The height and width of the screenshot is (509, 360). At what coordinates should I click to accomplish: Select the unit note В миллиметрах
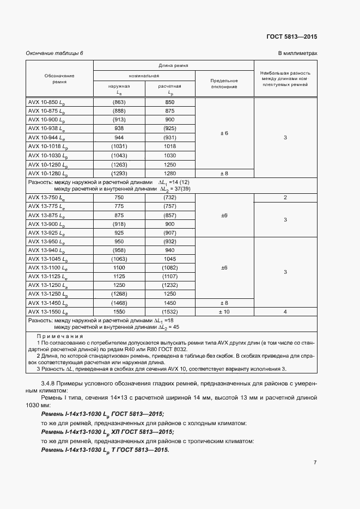[x=297, y=53]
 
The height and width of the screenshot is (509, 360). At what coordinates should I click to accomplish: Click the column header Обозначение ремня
[x=59, y=78]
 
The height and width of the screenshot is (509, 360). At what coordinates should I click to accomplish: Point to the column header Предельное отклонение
[x=224, y=83]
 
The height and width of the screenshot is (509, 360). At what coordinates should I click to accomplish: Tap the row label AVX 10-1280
[x=47, y=174]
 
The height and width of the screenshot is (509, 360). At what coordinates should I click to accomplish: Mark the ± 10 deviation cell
[x=224, y=311]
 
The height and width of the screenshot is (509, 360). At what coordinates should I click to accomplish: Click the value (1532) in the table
[x=169, y=311]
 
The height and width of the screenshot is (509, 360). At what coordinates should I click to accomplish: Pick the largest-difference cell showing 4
[x=285, y=311]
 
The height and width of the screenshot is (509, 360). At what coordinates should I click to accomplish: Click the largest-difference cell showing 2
[x=285, y=198]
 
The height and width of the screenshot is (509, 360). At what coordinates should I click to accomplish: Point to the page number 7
[x=315, y=463]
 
